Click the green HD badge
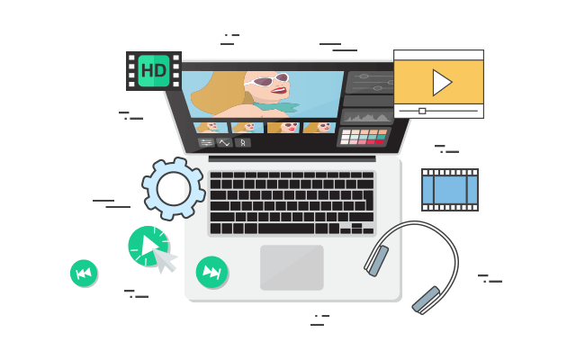tap(153, 70)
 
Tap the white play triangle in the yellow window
tap(441, 82)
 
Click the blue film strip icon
tap(449, 189)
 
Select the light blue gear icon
tap(174, 188)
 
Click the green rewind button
tap(84, 273)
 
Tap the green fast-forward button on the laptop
tap(211, 272)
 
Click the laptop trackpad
tap(292, 267)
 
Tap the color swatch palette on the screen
tap(363, 137)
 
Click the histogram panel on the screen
tap(367, 116)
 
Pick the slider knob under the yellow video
tap(422, 111)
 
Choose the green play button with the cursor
tap(147, 245)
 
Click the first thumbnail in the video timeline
tap(211, 128)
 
